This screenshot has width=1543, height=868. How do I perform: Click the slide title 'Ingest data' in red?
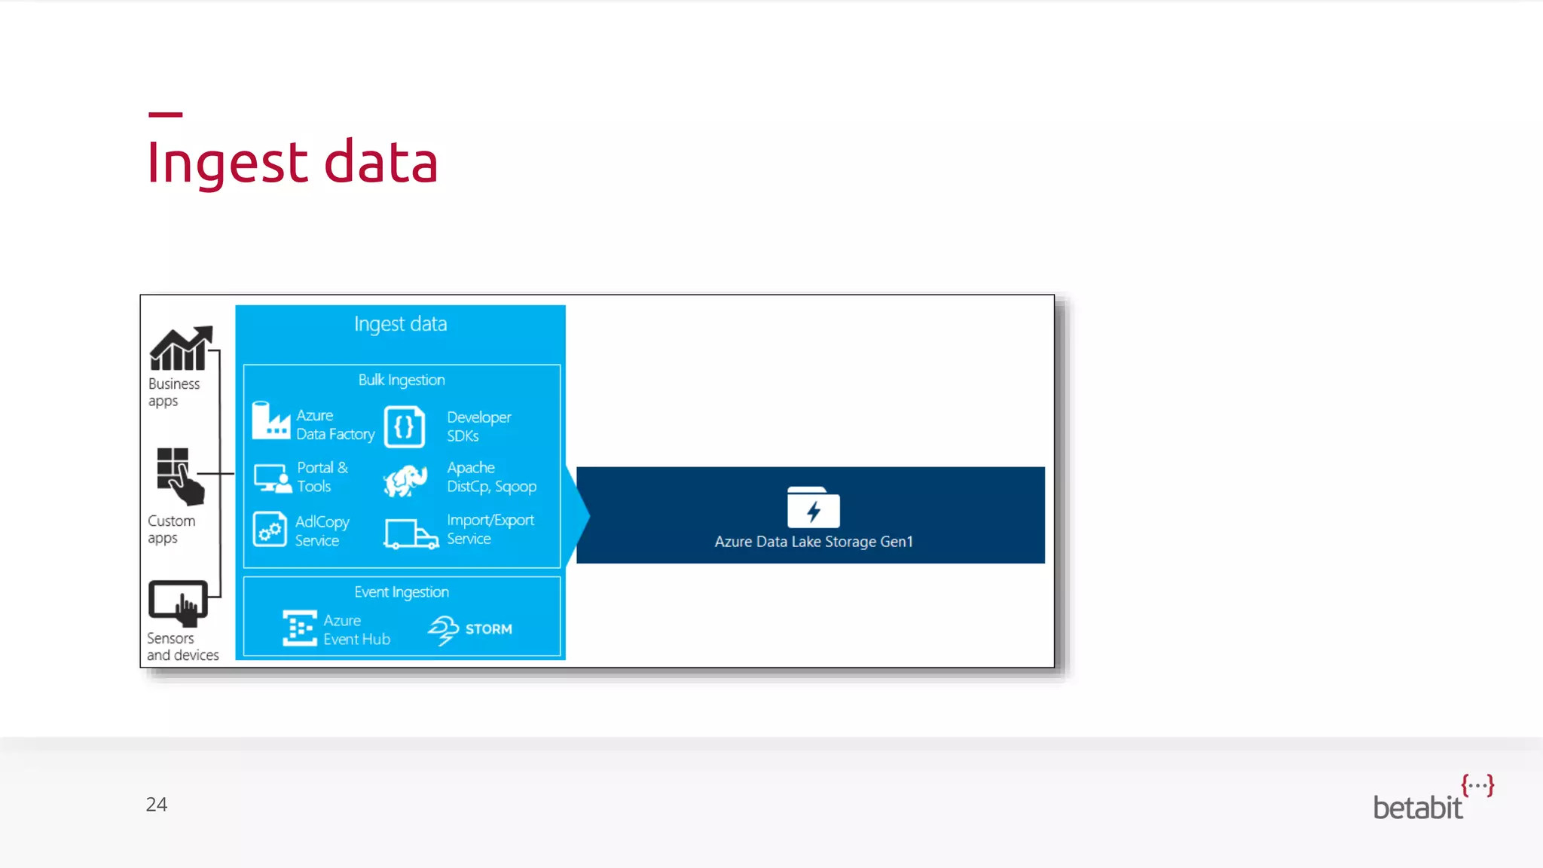[292, 163]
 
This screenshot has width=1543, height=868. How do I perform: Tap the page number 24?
[156, 805]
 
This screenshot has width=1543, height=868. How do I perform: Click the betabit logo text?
[1417, 808]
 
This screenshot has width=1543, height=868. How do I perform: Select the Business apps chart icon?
[181, 348]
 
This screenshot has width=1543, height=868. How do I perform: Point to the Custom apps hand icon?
[180, 476]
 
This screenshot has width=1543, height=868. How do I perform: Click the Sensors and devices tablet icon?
[179, 603]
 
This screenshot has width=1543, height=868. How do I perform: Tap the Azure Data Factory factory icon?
[270, 421]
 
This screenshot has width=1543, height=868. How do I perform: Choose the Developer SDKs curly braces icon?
[405, 427]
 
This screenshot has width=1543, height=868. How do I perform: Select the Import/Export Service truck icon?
[411, 533]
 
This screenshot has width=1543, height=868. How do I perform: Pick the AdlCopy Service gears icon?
[270, 530]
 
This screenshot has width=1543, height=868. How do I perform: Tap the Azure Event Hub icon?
[299, 628]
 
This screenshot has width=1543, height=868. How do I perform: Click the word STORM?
[488, 629]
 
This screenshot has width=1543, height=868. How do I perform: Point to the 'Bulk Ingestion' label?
[402, 380]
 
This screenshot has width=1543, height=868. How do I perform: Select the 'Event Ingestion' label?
[402, 592]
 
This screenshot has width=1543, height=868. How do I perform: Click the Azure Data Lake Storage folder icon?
[813, 507]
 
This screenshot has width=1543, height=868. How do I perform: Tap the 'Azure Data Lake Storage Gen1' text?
[814, 542]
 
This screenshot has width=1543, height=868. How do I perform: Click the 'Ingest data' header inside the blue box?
[400, 324]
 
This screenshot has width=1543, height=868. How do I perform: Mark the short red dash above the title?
[165, 115]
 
